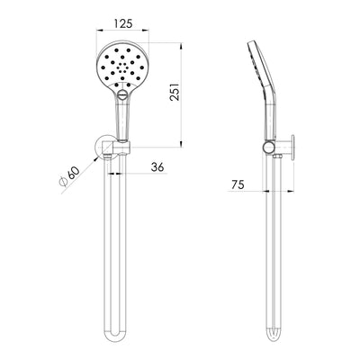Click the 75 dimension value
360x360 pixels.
[x=238, y=185]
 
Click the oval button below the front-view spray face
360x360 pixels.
[x=121, y=94]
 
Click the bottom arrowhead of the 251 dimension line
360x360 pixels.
[x=186, y=141]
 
